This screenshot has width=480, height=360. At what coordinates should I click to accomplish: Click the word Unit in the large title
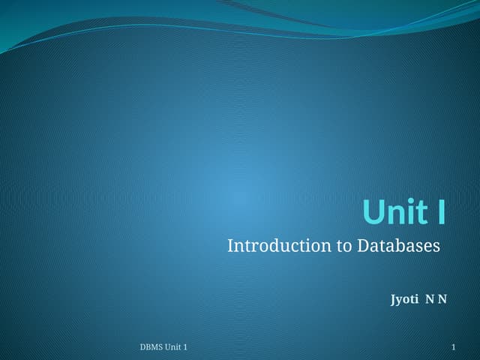pos(394,211)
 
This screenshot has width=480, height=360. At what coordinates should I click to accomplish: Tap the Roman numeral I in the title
pos(441,211)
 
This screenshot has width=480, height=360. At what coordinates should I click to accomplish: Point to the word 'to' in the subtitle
pos(343,245)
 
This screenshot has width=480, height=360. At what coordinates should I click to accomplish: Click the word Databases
pos(398,245)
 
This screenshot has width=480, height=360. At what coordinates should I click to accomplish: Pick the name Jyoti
pos(404,300)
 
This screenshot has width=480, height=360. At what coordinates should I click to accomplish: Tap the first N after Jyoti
pos(430,300)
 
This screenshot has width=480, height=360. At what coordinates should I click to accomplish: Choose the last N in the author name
pos(442,300)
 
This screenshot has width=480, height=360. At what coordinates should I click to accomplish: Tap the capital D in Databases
pos(363,245)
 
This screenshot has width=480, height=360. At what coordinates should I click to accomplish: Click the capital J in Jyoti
pos(393,300)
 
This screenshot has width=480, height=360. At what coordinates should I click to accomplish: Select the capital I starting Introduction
pos(230,245)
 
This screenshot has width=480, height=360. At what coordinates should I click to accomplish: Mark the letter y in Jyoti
pos(400,301)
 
